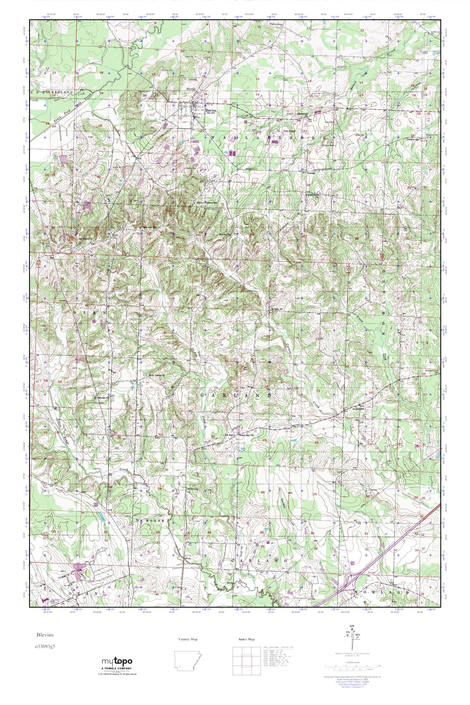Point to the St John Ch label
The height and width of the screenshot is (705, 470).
click(277, 308)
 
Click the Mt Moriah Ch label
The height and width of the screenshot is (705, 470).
click(101, 398)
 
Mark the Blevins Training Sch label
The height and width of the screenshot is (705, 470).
click(206, 203)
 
